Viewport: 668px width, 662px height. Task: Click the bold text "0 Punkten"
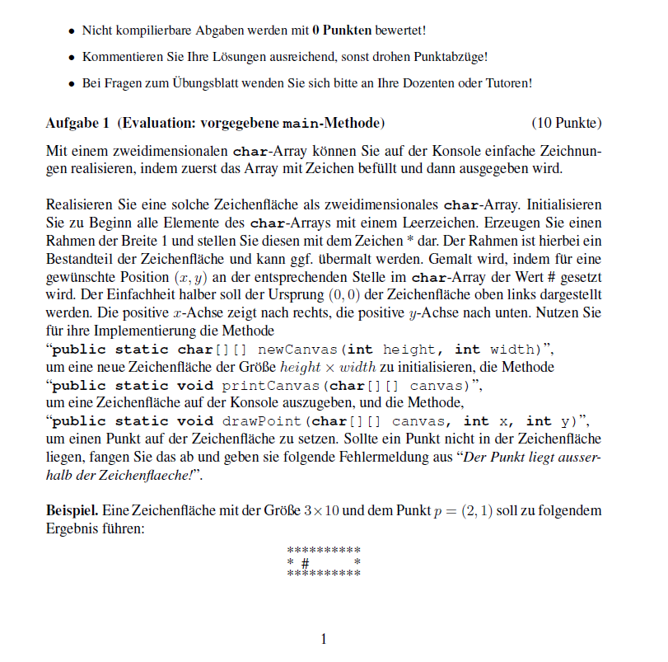(342, 31)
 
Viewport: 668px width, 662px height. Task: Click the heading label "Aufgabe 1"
(77, 124)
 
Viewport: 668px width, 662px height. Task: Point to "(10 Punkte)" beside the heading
(567, 124)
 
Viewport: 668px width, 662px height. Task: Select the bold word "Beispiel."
(72, 511)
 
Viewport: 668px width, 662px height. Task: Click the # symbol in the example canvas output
(305, 562)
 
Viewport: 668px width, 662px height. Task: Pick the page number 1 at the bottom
(324, 639)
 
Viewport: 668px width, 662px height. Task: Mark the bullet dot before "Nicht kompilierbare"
(71, 31)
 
